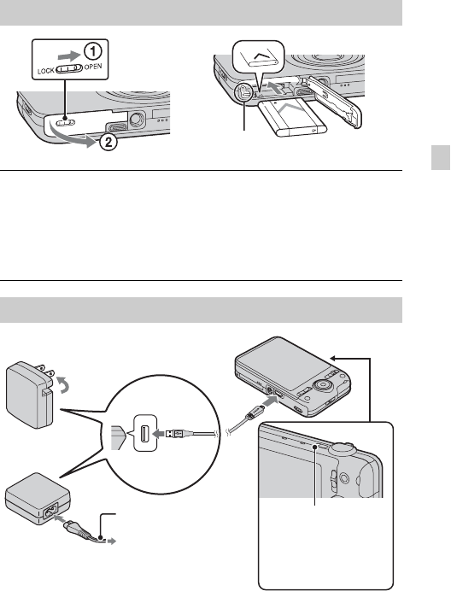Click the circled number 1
[92, 51]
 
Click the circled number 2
[108, 143]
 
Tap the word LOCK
[45, 71]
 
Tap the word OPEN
[93, 67]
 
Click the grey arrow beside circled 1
[68, 56]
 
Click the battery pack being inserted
[293, 116]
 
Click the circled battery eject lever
[243, 92]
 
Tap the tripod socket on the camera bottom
[135, 119]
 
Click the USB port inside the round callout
[144, 435]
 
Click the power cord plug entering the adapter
[75, 528]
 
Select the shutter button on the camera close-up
[343, 448]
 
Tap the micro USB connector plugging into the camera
[255, 412]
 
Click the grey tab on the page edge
[441, 157]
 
